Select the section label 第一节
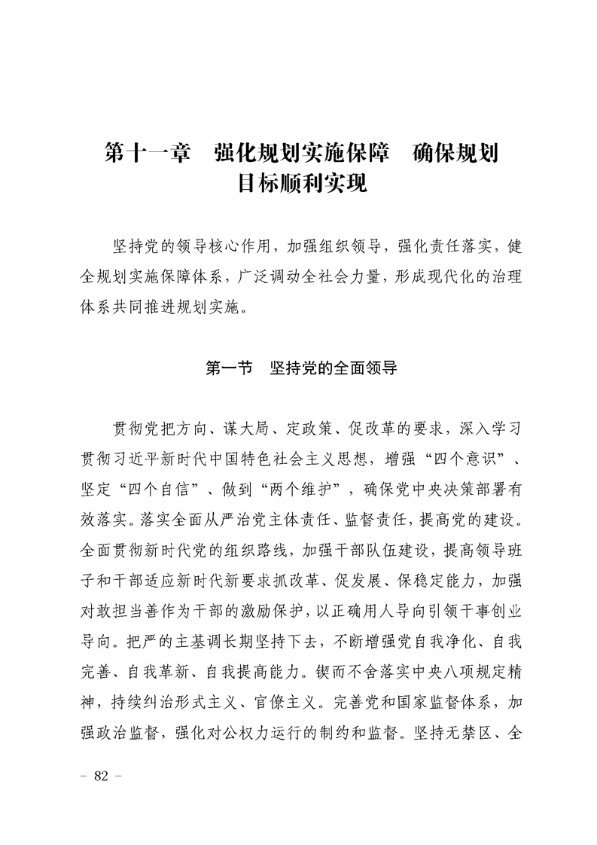[228, 369]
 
